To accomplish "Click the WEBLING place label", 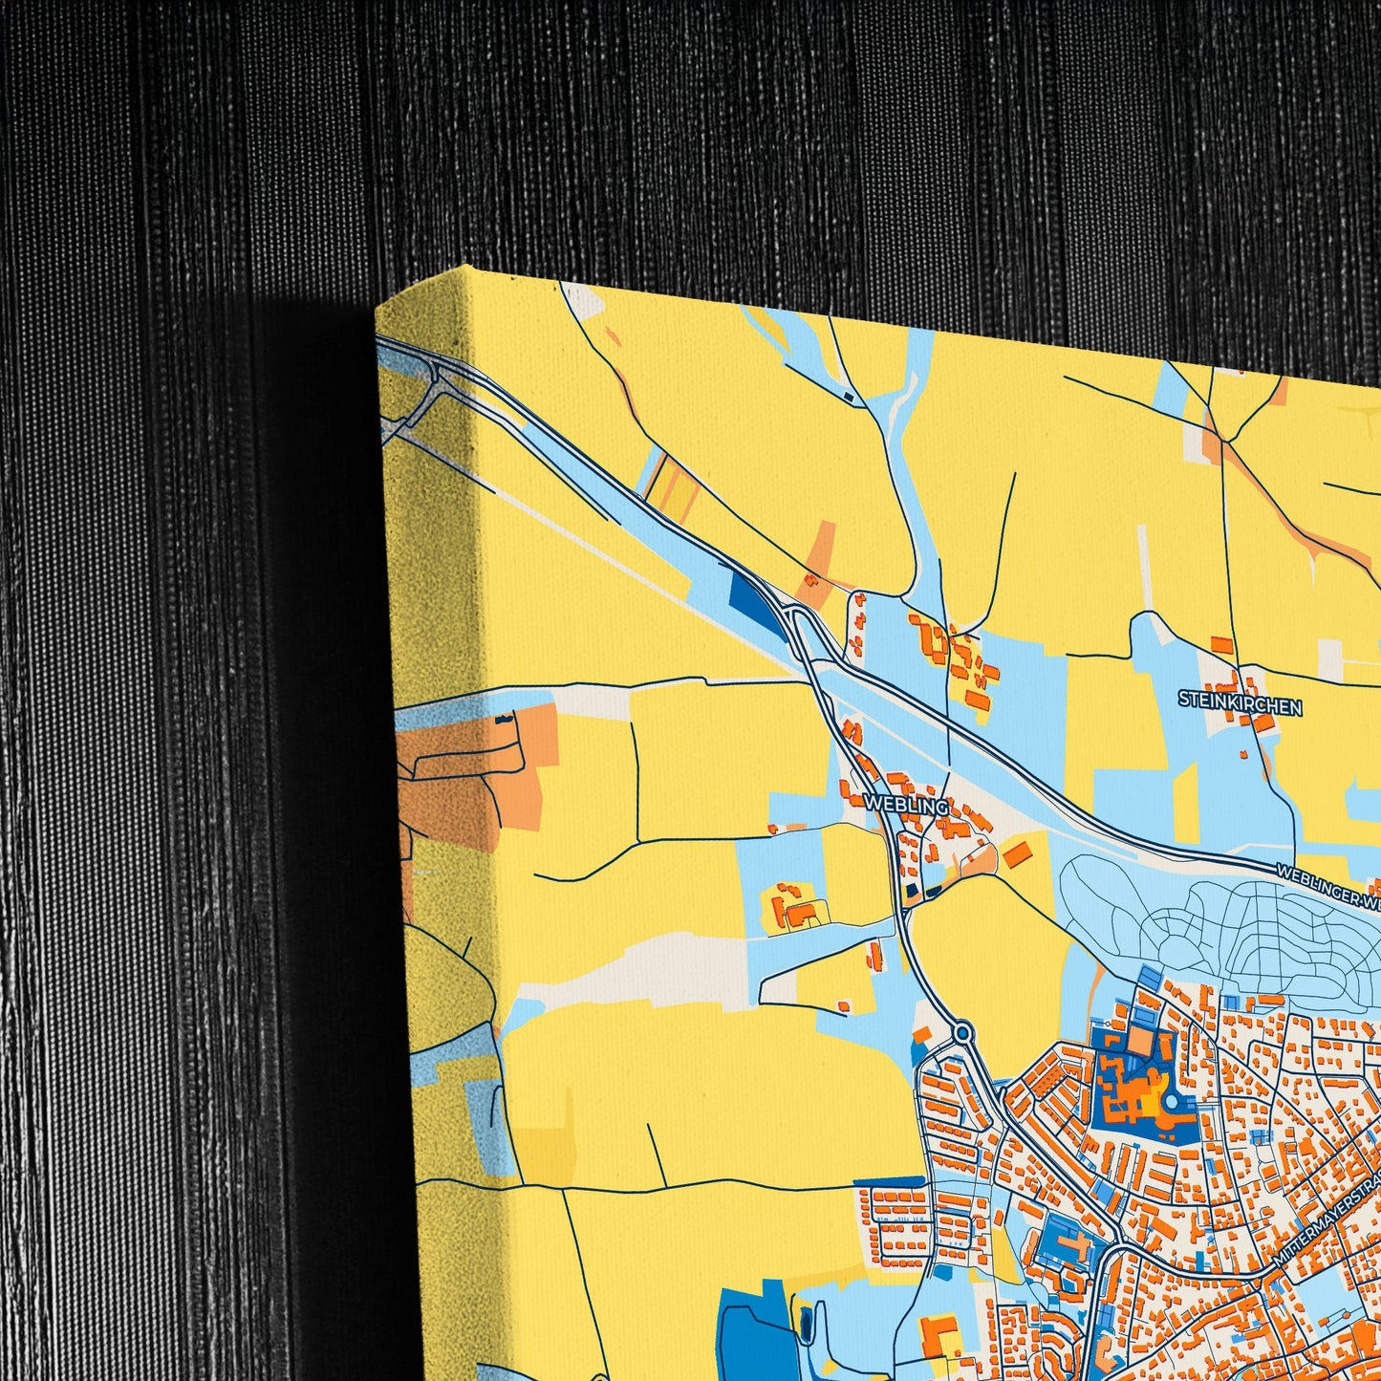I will [x=905, y=805].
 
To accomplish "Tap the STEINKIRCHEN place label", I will [x=1240, y=705].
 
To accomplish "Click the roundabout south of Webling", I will [x=961, y=1032].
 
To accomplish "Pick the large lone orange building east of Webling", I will [x=1017, y=852].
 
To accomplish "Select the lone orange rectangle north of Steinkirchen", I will [x=1221, y=645].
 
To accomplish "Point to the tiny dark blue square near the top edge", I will [x=848, y=396].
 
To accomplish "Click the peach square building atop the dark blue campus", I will [x=1139, y=1041].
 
